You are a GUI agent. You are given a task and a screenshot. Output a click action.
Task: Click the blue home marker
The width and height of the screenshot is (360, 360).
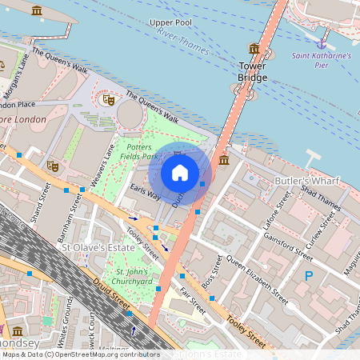180,173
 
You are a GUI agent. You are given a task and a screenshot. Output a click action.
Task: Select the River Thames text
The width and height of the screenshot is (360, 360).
177,34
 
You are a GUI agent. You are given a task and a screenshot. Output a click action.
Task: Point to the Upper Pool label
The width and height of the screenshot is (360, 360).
170,22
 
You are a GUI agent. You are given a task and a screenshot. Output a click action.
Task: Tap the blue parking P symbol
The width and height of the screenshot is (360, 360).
309,276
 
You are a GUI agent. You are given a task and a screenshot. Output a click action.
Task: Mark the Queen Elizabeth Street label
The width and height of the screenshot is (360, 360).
256,276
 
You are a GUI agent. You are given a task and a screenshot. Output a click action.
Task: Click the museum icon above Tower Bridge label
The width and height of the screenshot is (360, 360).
254,49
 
